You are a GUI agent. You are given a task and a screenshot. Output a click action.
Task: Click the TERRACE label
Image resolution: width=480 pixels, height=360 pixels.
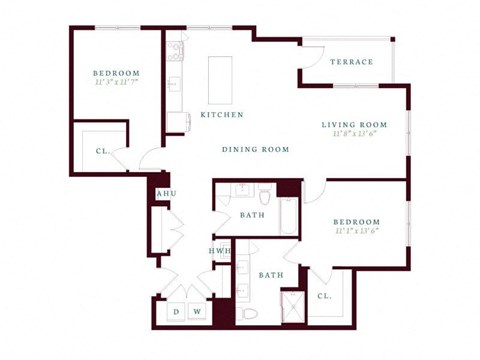click(x=351, y=62)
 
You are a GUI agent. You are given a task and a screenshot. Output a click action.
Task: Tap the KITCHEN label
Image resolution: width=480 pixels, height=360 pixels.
click(x=222, y=115)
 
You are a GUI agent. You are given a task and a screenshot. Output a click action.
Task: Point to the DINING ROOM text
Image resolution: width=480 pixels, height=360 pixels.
click(x=255, y=149)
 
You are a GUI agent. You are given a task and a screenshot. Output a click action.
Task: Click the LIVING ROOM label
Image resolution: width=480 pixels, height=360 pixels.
click(x=353, y=125)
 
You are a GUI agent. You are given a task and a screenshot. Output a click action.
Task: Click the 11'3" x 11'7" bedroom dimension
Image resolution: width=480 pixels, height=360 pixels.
click(x=116, y=84)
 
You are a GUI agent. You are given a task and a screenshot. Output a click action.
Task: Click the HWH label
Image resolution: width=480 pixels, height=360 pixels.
click(x=218, y=251)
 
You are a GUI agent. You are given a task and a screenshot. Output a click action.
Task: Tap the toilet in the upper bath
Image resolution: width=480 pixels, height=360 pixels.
click(x=264, y=193)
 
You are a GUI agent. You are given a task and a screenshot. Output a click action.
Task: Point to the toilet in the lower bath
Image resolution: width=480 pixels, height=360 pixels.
click(x=250, y=313)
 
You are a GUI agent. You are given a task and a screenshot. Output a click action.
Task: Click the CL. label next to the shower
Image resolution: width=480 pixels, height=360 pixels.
click(x=324, y=296)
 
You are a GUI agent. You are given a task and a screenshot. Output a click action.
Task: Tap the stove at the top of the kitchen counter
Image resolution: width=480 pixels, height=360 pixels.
click(x=176, y=51)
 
